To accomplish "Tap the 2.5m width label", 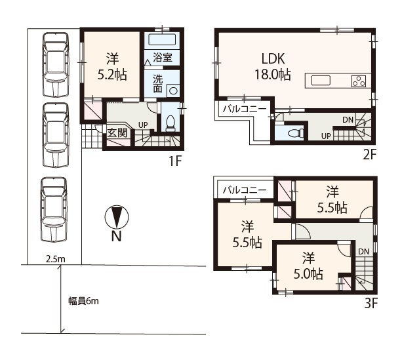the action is pos(55,259).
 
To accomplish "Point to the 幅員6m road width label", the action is pos(83,301).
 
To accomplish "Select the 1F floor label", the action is pos(175,161).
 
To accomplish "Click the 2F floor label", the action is pos(369,155).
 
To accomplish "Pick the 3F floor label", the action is pos(371,304).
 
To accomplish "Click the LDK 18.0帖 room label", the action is pos(273,67).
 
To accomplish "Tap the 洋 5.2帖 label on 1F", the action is pos(112,67).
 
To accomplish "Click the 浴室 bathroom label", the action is pos(162,58).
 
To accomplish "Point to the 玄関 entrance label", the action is pos(117,133).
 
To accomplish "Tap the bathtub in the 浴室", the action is pos(162,40).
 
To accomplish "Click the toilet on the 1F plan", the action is pos(171,123).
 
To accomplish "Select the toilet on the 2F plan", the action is pos(295,133).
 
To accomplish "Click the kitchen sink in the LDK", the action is pos(321,80).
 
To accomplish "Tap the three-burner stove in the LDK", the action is pos(359,81).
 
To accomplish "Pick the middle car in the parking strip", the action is pos(56,135).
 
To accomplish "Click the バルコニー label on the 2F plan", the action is pos(245,110).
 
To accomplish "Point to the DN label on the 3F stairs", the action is pos(363,252).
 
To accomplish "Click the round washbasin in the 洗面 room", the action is pos(173,91).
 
